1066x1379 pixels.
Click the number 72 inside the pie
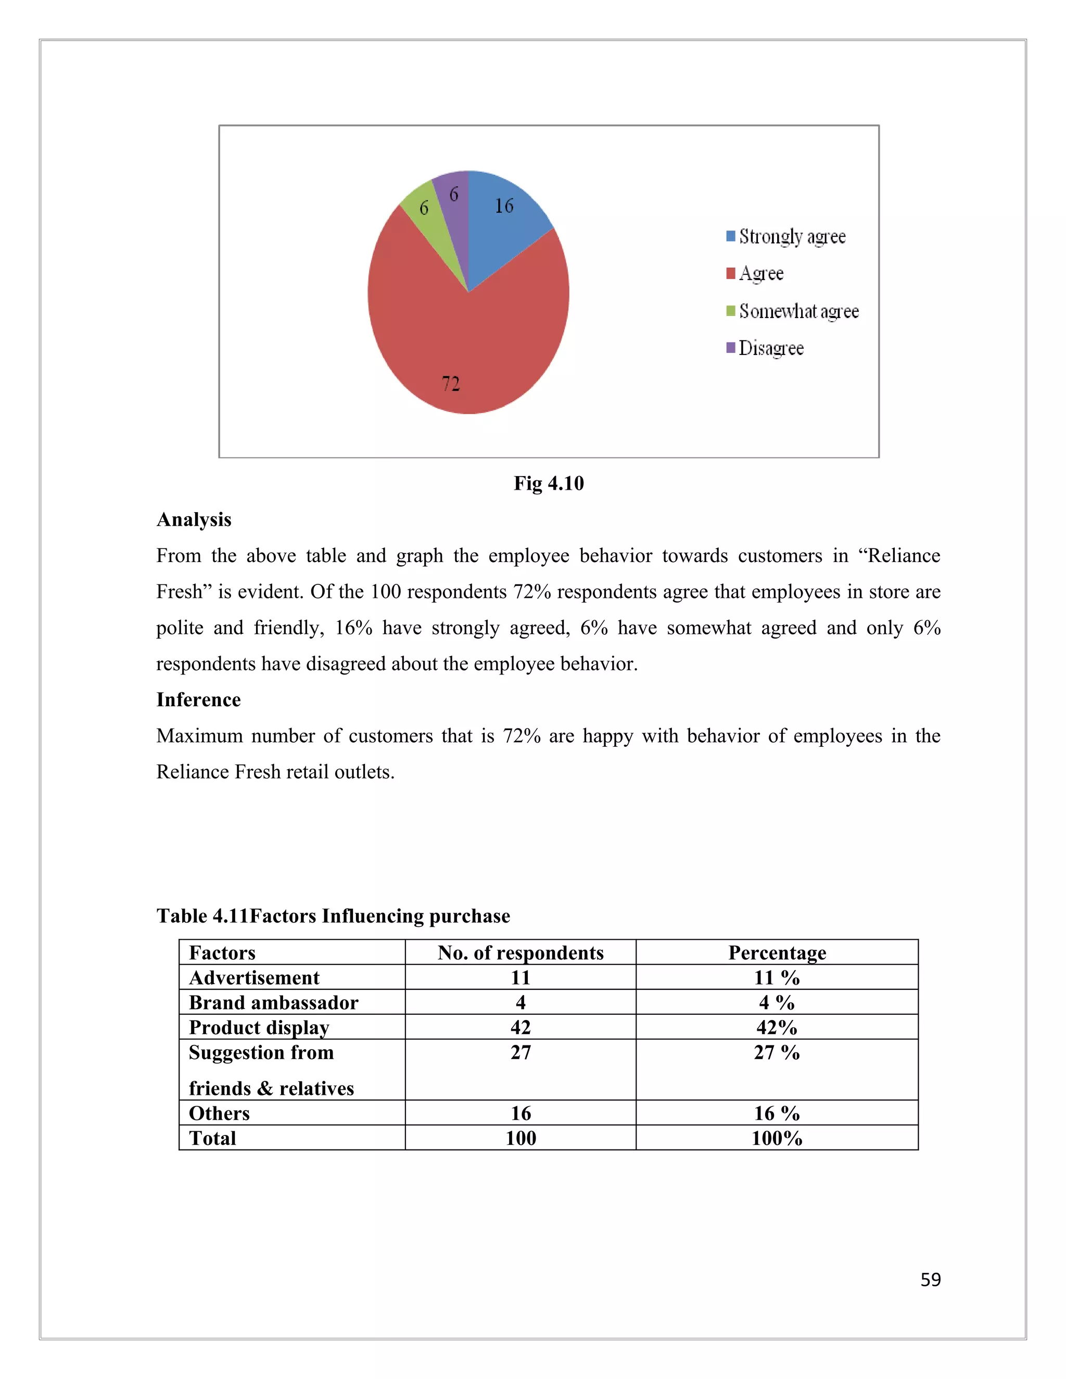[451, 384]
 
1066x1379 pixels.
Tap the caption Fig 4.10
[548, 483]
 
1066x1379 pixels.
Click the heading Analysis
[194, 520]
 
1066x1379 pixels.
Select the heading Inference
[198, 699]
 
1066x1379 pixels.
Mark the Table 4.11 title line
[333, 915]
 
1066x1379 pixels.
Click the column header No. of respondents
[521, 952]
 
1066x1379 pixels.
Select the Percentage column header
[777, 952]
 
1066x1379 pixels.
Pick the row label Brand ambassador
[273, 1002]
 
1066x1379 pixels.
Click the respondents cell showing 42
[521, 1027]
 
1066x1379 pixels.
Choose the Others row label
[219, 1113]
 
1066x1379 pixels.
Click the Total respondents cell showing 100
[521, 1138]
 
